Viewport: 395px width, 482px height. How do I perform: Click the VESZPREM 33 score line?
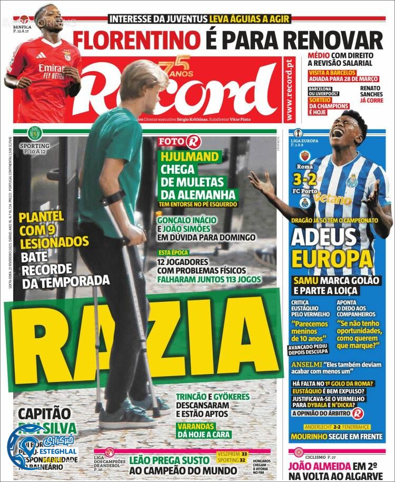(232, 453)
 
